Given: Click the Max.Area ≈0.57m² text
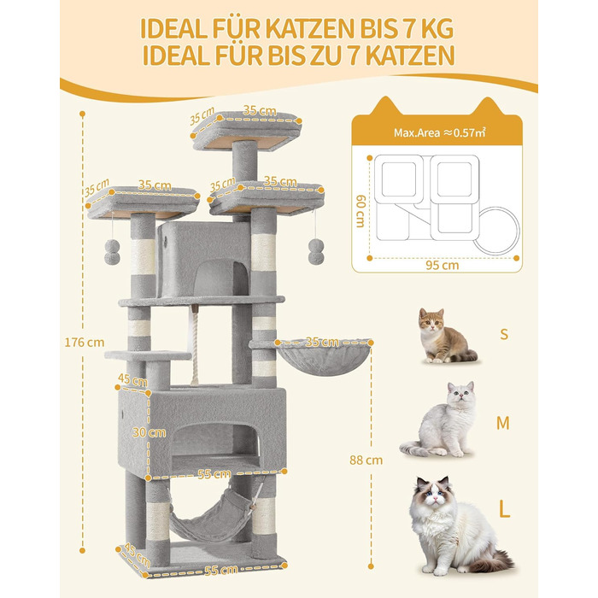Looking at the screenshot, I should pos(437,133).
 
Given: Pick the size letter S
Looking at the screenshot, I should pos(504,334).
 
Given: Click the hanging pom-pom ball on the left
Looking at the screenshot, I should pos(110,249).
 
